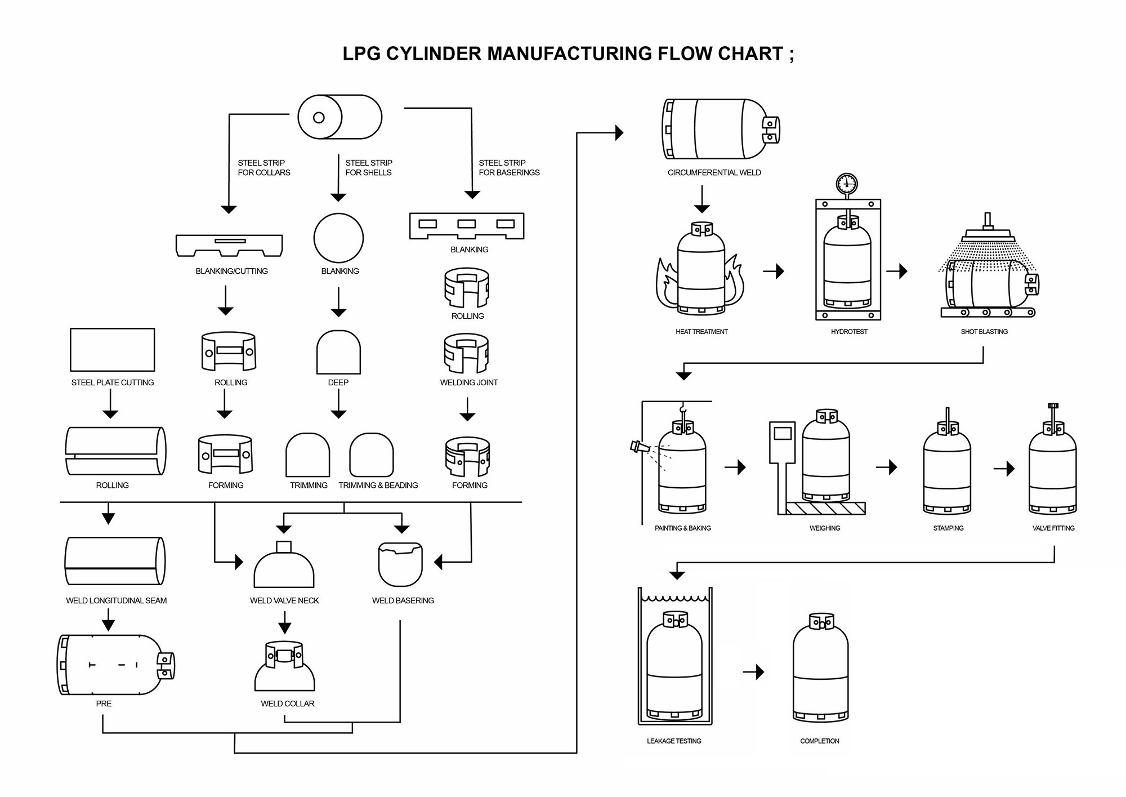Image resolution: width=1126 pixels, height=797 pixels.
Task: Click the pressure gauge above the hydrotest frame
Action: click(846, 184)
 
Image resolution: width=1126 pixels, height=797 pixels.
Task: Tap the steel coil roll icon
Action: click(339, 117)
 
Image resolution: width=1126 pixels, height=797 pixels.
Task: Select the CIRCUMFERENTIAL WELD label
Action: click(714, 173)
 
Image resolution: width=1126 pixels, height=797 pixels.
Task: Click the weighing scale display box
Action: click(783, 434)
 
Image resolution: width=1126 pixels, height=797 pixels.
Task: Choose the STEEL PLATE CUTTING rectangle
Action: click(112, 350)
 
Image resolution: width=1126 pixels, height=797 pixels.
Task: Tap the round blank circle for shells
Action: click(338, 238)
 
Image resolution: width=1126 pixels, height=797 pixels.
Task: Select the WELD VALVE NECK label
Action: click(284, 601)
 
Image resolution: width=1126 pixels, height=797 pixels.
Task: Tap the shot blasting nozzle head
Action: click(987, 234)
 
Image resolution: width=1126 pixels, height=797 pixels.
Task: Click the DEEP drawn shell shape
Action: click(338, 353)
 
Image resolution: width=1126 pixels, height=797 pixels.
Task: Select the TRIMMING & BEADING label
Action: click(378, 486)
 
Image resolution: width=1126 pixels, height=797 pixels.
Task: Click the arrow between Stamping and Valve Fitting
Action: click(1004, 469)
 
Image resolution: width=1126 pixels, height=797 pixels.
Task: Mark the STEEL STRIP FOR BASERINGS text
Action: click(508, 168)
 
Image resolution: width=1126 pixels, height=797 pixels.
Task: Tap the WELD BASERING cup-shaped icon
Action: click(400, 564)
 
